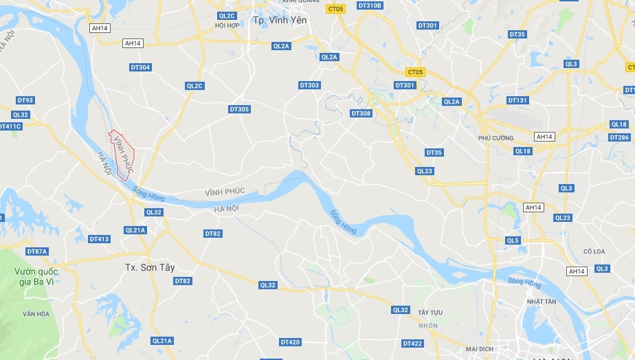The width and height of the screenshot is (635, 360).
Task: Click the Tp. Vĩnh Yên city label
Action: [280, 20]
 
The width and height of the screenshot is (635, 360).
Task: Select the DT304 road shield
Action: [140, 67]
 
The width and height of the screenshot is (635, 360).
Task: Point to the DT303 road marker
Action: [309, 85]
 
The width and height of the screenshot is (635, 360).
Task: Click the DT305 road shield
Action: [239, 109]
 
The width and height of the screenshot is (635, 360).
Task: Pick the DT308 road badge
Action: [361, 113]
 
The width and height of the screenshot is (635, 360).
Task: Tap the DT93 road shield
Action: [25, 100]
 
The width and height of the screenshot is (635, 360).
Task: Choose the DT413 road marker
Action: [99, 239]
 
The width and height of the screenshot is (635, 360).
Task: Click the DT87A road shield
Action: [37, 251]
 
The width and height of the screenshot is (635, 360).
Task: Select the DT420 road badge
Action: [290, 342]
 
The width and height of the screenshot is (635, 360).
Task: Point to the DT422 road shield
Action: [413, 344]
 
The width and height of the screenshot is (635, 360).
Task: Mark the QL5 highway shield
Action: [513, 240]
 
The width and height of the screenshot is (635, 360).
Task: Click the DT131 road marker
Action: [517, 100]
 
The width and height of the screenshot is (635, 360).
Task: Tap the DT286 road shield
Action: [619, 137]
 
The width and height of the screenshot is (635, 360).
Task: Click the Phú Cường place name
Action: [495, 138]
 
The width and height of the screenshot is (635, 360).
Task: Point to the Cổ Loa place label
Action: [594, 251]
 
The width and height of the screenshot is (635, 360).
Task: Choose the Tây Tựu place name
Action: [430, 313]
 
